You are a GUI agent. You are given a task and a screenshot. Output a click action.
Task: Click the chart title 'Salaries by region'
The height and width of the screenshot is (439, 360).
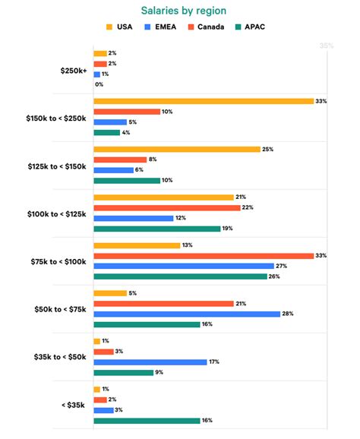179,10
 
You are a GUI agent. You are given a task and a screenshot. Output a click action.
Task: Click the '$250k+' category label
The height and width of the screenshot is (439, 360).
74,69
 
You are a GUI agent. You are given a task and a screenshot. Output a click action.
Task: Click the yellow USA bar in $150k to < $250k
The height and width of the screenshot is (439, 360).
204,101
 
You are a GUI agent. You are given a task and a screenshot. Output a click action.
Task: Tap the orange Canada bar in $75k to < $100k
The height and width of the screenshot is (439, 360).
204,256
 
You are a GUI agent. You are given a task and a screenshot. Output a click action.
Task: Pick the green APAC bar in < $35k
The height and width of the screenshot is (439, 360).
147,420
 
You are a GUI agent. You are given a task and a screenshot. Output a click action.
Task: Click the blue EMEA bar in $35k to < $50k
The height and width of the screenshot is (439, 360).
150,362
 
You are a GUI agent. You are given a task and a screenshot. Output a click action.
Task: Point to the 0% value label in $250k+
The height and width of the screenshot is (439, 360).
99,84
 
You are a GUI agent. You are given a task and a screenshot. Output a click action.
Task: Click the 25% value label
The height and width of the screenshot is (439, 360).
267,150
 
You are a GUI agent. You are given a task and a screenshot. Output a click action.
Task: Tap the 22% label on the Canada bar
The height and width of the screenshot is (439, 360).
247,207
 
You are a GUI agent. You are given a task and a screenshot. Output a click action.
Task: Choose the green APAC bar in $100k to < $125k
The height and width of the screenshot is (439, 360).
157,228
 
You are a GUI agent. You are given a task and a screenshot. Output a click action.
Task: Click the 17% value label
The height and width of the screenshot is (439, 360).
214,362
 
